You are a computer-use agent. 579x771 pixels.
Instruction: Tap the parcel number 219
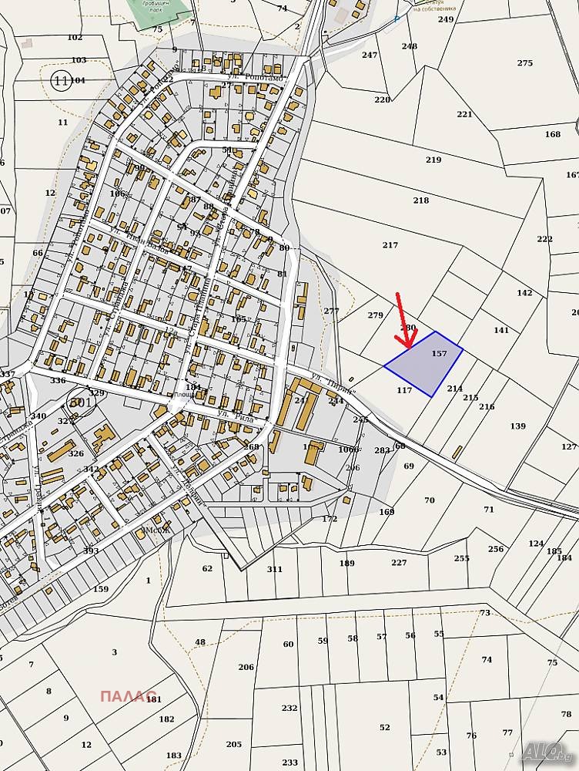(x=433, y=160)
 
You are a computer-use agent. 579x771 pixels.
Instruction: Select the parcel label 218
(x=420, y=200)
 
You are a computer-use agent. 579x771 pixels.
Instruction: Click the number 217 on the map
(x=390, y=245)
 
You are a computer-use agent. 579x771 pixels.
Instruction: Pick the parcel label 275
(x=525, y=63)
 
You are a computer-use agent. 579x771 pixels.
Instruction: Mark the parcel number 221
(x=464, y=114)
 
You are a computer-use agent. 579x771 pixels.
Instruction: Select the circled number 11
(x=61, y=79)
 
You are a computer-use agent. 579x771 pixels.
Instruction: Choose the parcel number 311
(x=275, y=569)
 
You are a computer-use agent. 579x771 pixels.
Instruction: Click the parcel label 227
(x=399, y=563)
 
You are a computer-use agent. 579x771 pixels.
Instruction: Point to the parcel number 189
(x=347, y=564)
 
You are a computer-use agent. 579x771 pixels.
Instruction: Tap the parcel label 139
(x=518, y=426)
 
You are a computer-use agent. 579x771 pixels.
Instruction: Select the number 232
(x=289, y=708)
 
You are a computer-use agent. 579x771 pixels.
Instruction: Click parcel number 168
(x=553, y=135)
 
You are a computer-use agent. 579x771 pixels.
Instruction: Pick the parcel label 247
(x=370, y=55)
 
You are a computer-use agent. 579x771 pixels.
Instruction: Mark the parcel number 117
(x=404, y=390)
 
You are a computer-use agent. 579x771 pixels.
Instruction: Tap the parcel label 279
(x=376, y=315)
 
